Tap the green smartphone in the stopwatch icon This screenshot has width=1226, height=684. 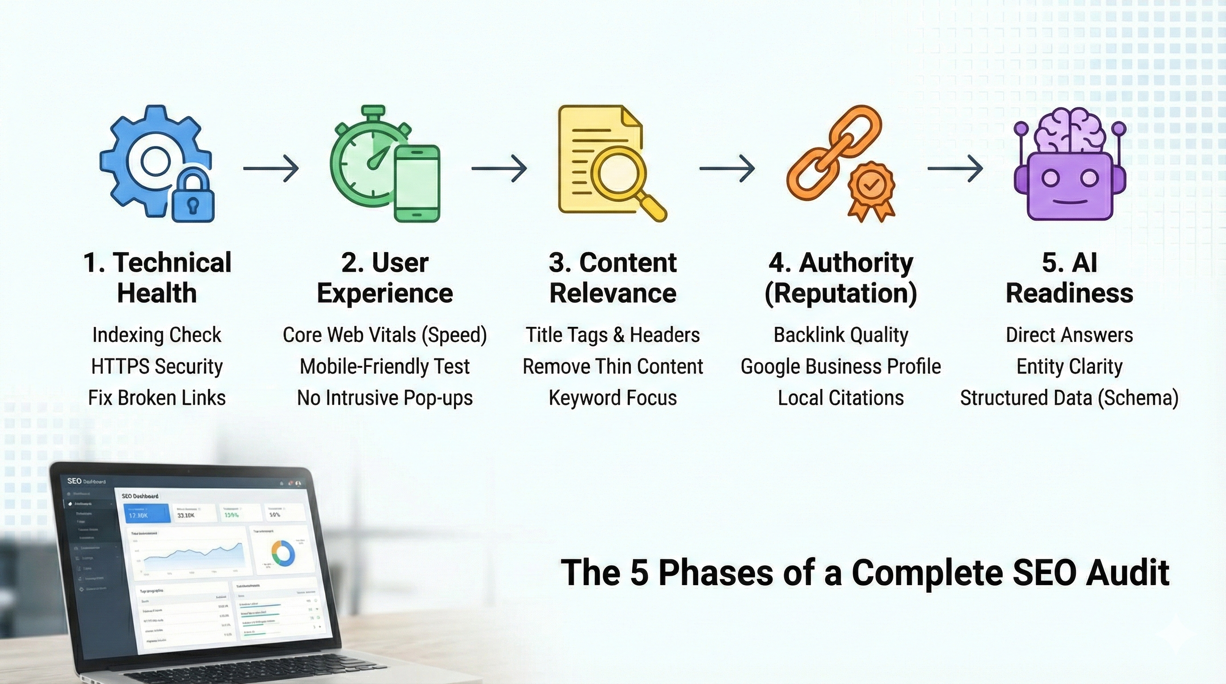pos(417,183)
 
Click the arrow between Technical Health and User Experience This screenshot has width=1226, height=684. pos(271,168)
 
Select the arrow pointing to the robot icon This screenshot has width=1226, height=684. pos(955,168)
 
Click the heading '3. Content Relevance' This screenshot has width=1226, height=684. pos(613,278)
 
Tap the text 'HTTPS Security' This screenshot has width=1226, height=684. pos(157,366)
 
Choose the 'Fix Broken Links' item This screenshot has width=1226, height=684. pos(157,398)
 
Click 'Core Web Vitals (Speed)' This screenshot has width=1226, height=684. pos(384,335)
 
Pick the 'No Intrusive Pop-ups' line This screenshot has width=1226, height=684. pos(384,398)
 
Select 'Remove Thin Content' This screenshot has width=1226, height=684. pos(613,366)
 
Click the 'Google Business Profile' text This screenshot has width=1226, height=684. pos(841,366)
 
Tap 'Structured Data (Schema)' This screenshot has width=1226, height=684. pos(1069,398)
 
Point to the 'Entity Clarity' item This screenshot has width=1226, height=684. pos(1069,366)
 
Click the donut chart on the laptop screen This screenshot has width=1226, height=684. pos(283,553)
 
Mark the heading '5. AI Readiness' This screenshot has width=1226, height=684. pos(1069,278)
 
